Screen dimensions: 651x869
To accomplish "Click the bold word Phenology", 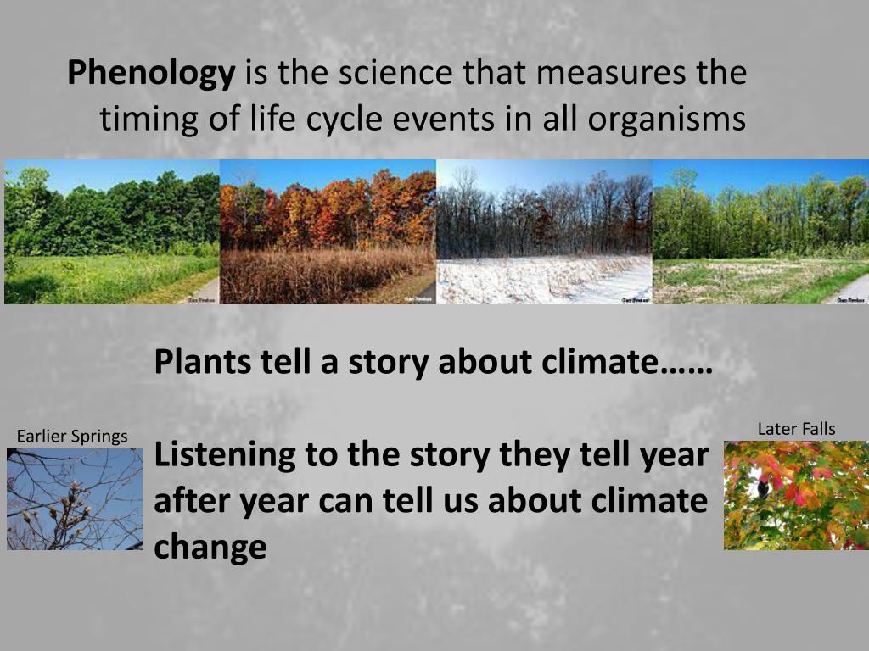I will (x=151, y=74).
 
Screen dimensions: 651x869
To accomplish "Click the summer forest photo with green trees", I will (x=112, y=231).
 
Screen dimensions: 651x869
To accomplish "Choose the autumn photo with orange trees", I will (x=328, y=231).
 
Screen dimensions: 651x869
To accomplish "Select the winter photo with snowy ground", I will (x=544, y=231).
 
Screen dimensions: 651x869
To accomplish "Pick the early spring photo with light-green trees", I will (x=760, y=231).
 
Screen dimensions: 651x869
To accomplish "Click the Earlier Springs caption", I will (x=72, y=437).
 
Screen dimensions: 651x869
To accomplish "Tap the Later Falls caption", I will (x=796, y=429).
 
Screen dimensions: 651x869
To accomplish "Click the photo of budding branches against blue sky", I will (x=75, y=499).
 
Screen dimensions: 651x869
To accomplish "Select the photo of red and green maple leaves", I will (x=796, y=495).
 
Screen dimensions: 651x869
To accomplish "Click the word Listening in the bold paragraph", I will (x=224, y=456).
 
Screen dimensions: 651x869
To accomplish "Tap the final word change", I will (x=210, y=548).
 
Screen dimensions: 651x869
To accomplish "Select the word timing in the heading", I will (x=147, y=119).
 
